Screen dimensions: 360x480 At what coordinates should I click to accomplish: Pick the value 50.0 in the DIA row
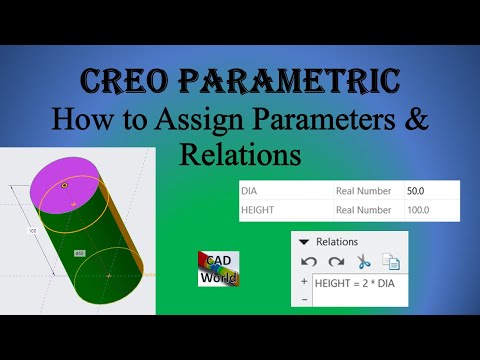point(416,189)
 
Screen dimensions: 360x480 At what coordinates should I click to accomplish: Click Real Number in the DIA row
point(364,189)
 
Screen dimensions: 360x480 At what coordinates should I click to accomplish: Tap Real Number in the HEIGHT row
point(364,210)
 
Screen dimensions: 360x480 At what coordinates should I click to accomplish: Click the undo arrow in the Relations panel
point(309,263)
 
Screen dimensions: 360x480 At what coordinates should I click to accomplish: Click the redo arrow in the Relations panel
point(336,263)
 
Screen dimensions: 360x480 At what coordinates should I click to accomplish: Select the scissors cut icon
point(363,263)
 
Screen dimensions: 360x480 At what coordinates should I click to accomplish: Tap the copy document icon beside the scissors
point(390,263)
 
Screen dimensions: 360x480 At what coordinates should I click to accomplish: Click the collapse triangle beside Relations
point(304,242)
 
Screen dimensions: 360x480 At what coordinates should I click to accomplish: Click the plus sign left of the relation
point(304,283)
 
